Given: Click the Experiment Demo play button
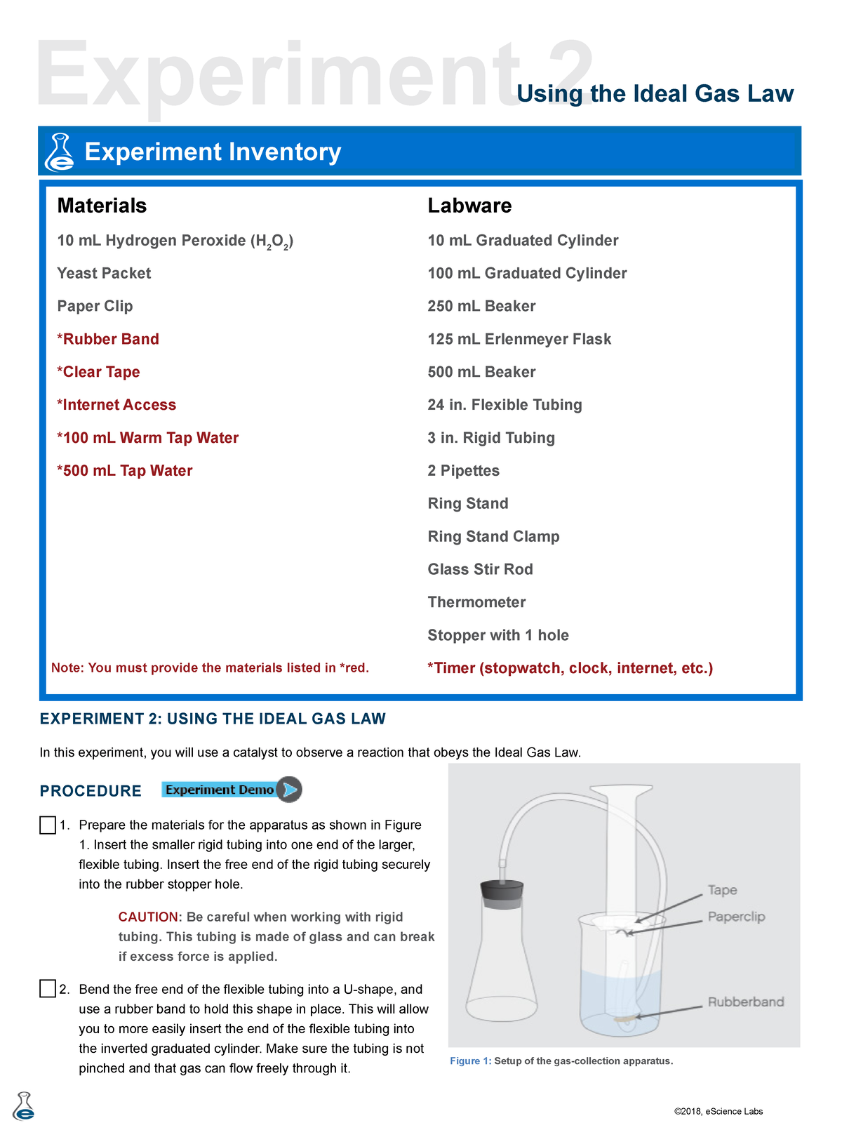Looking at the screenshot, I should pyautogui.click(x=288, y=790).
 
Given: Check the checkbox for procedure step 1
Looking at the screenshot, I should pyautogui.click(x=48, y=825).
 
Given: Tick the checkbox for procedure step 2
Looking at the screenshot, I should pyautogui.click(x=48, y=989).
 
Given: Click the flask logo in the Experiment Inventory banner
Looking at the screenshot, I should pyautogui.click(x=60, y=152).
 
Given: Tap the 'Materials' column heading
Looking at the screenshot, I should pyautogui.click(x=102, y=206).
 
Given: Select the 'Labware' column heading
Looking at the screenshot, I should pyautogui.click(x=469, y=206).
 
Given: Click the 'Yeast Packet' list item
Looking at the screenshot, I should pyautogui.click(x=104, y=273).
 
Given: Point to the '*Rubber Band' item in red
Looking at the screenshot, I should pyautogui.click(x=108, y=339).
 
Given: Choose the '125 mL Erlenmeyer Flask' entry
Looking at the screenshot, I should pyautogui.click(x=519, y=339).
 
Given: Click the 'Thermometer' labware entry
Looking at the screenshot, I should pyautogui.click(x=476, y=602).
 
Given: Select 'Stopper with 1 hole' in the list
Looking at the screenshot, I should pyautogui.click(x=498, y=635).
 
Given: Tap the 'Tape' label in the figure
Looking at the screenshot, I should pyautogui.click(x=722, y=890).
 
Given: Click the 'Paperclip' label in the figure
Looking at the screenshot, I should pyautogui.click(x=736, y=917).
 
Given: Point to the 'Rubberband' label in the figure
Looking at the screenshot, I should pyautogui.click(x=745, y=1002).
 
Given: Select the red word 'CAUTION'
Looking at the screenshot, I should pyautogui.click(x=149, y=917).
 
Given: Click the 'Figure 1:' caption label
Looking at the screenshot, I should pyautogui.click(x=471, y=1061).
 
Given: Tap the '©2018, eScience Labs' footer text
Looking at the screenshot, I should pyautogui.click(x=718, y=1111).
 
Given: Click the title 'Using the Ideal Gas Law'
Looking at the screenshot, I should pyautogui.click(x=655, y=93).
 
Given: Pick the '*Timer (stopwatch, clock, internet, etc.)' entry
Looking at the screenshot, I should pyautogui.click(x=570, y=668).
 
